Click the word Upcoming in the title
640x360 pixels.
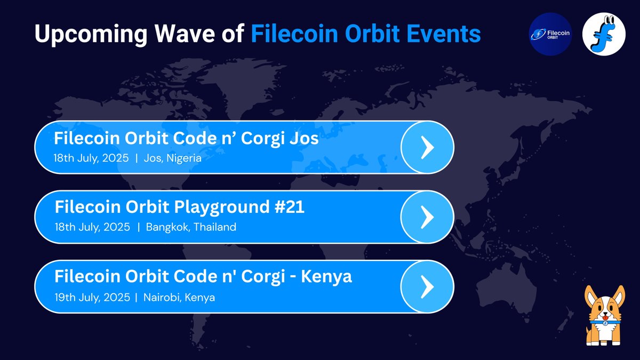coord(91,34)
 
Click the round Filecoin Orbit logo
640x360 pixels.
coord(550,34)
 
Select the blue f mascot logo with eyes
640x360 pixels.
coord(604,34)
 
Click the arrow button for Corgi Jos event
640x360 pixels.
coord(427,147)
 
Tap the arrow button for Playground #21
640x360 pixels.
coord(427,217)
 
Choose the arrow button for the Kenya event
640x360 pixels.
coord(427,286)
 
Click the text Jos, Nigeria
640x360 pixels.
coord(173,158)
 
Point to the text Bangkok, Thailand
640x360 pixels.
coord(191,227)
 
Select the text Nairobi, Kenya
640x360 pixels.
coord(179,298)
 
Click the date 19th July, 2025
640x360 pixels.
coord(92,298)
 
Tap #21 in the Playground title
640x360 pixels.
coord(289,207)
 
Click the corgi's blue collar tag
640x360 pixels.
coord(605,323)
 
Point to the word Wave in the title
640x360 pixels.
coord(185,34)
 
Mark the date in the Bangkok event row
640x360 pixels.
coord(92,227)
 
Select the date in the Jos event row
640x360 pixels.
coord(91,158)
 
